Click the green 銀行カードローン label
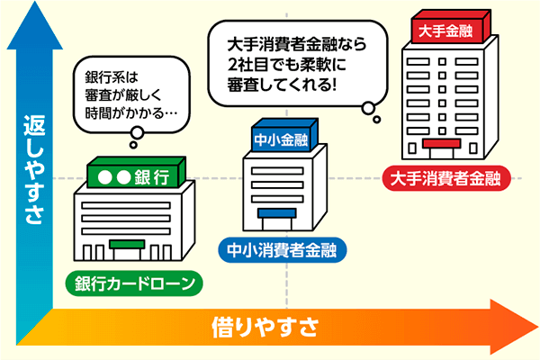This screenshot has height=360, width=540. tap(134, 284)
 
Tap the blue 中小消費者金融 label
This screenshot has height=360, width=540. tap(283, 249)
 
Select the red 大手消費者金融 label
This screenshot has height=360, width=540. tap(445, 176)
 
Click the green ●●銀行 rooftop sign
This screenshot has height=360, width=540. tap(135, 175)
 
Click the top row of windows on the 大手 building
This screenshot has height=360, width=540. tap(445, 57)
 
